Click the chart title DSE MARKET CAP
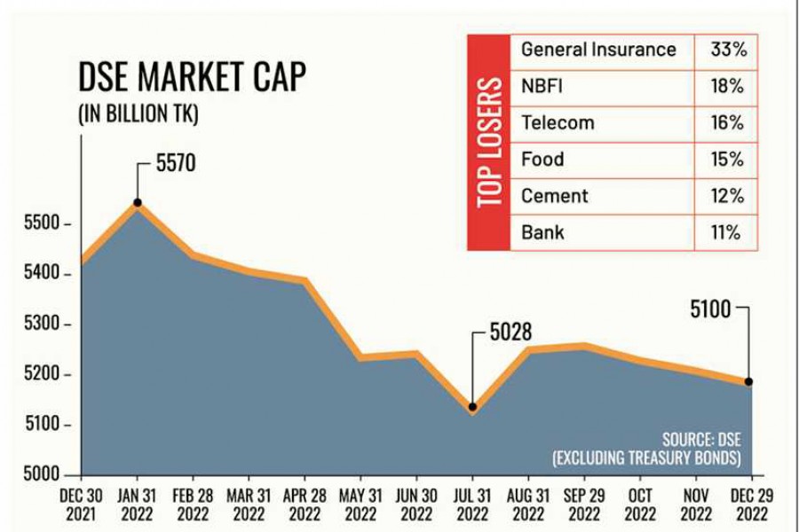pyautogui.click(x=192, y=78)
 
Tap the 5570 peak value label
pyautogui.click(x=175, y=164)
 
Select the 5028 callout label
pyautogui.click(x=510, y=332)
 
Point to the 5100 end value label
pyautogui.click(x=710, y=309)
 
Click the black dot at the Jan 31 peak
pyautogui.click(x=138, y=203)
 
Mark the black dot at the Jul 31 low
pyautogui.click(x=472, y=407)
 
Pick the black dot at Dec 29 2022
pyautogui.click(x=748, y=381)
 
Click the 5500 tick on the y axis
pyautogui.click(x=42, y=224)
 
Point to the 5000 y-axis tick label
pyautogui.click(x=42, y=475)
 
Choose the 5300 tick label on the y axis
pyautogui.click(x=42, y=325)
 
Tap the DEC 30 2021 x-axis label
pyautogui.click(x=82, y=504)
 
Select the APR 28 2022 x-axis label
pyautogui.click(x=305, y=504)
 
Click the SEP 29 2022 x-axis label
pyautogui.click(x=584, y=504)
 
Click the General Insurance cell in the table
pyautogui.click(x=598, y=50)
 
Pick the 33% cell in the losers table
pyautogui.click(x=728, y=50)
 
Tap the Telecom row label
pyautogui.click(x=558, y=123)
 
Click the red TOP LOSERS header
pyautogui.click(x=489, y=142)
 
